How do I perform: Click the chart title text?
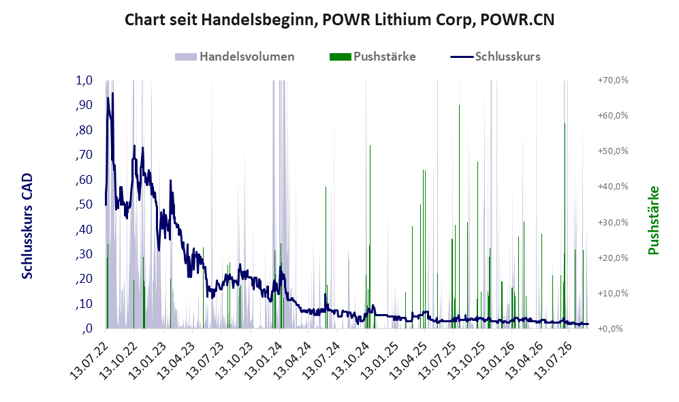click(339, 20)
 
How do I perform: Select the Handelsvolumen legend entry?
click(235, 57)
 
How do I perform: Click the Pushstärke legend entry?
click(373, 57)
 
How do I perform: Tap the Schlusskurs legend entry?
click(495, 57)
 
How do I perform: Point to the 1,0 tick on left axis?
click(84, 80)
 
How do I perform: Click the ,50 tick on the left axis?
click(84, 204)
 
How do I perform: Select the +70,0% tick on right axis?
click(613, 80)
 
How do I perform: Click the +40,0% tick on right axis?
click(613, 186)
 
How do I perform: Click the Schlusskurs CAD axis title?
click(27, 226)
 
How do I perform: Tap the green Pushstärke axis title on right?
click(653, 220)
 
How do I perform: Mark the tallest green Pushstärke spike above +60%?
click(459, 105)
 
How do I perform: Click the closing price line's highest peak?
click(112, 93)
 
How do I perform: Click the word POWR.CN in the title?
click(518, 20)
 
